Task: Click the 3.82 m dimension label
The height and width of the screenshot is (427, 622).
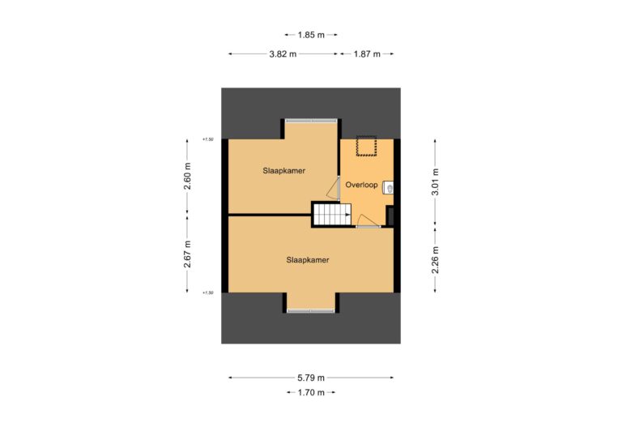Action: (x=283, y=53)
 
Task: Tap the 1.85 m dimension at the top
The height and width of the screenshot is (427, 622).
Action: (x=312, y=35)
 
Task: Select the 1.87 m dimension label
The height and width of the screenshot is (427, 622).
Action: (x=366, y=53)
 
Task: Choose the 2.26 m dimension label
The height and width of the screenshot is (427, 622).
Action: (x=436, y=259)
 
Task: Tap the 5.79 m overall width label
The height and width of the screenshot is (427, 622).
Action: (x=311, y=378)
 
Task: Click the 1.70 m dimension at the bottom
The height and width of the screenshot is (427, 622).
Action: (x=311, y=393)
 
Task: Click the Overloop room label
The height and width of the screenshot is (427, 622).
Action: (x=361, y=185)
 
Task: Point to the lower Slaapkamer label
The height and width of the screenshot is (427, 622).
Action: (x=311, y=260)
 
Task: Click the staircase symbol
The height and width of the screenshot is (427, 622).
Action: (x=331, y=215)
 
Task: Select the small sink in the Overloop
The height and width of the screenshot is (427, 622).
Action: (x=390, y=187)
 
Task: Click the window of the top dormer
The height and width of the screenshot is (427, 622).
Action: (x=311, y=120)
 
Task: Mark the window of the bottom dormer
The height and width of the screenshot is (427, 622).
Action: (x=311, y=310)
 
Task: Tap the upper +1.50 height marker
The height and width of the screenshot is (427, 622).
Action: (x=209, y=139)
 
